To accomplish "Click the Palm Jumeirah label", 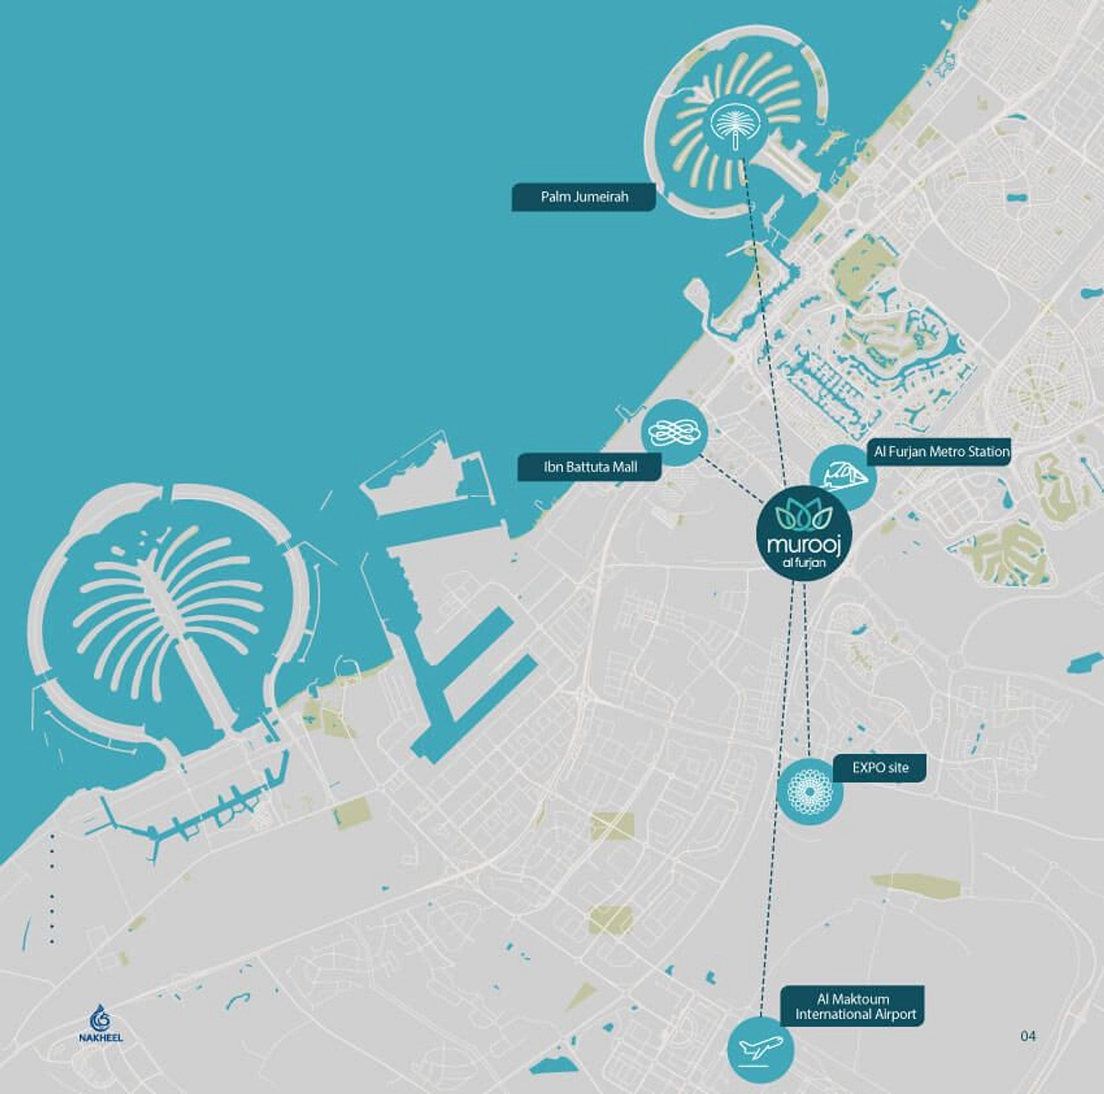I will coord(584,197).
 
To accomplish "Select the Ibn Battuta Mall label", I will coord(589,467).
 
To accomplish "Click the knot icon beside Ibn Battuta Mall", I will coord(673,432).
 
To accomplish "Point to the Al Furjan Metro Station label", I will coord(941,452).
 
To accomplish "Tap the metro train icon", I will coord(842,476).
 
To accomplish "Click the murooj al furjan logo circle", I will coord(804,534).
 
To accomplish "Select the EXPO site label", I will coord(880,768).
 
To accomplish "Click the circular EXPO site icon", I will coord(809,789).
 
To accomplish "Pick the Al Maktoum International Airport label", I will coord(854,1007).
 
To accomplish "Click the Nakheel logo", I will coord(101,1023).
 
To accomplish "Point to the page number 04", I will coord(1028,1036).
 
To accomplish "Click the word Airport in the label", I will coord(892,1015).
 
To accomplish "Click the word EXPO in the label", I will coord(868,768).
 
